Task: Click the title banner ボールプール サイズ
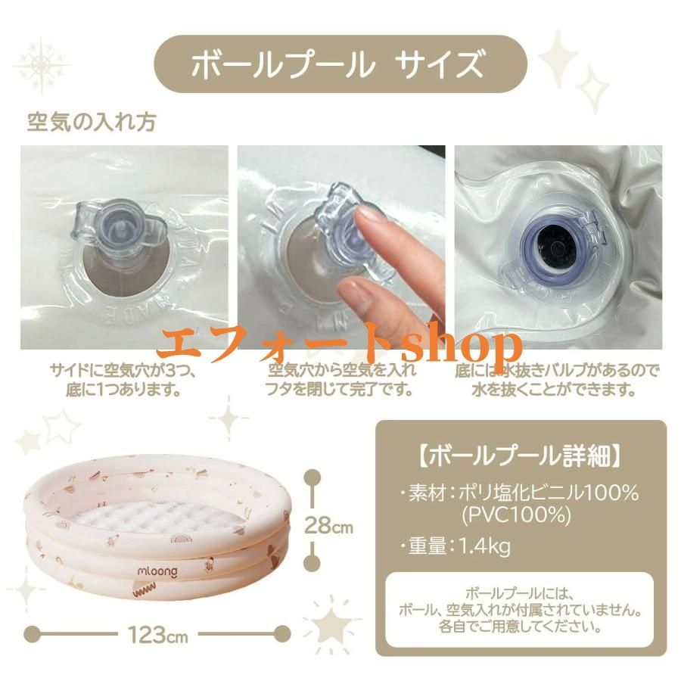(340, 64)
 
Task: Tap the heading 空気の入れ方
(92, 121)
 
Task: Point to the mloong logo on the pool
(157, 574)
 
